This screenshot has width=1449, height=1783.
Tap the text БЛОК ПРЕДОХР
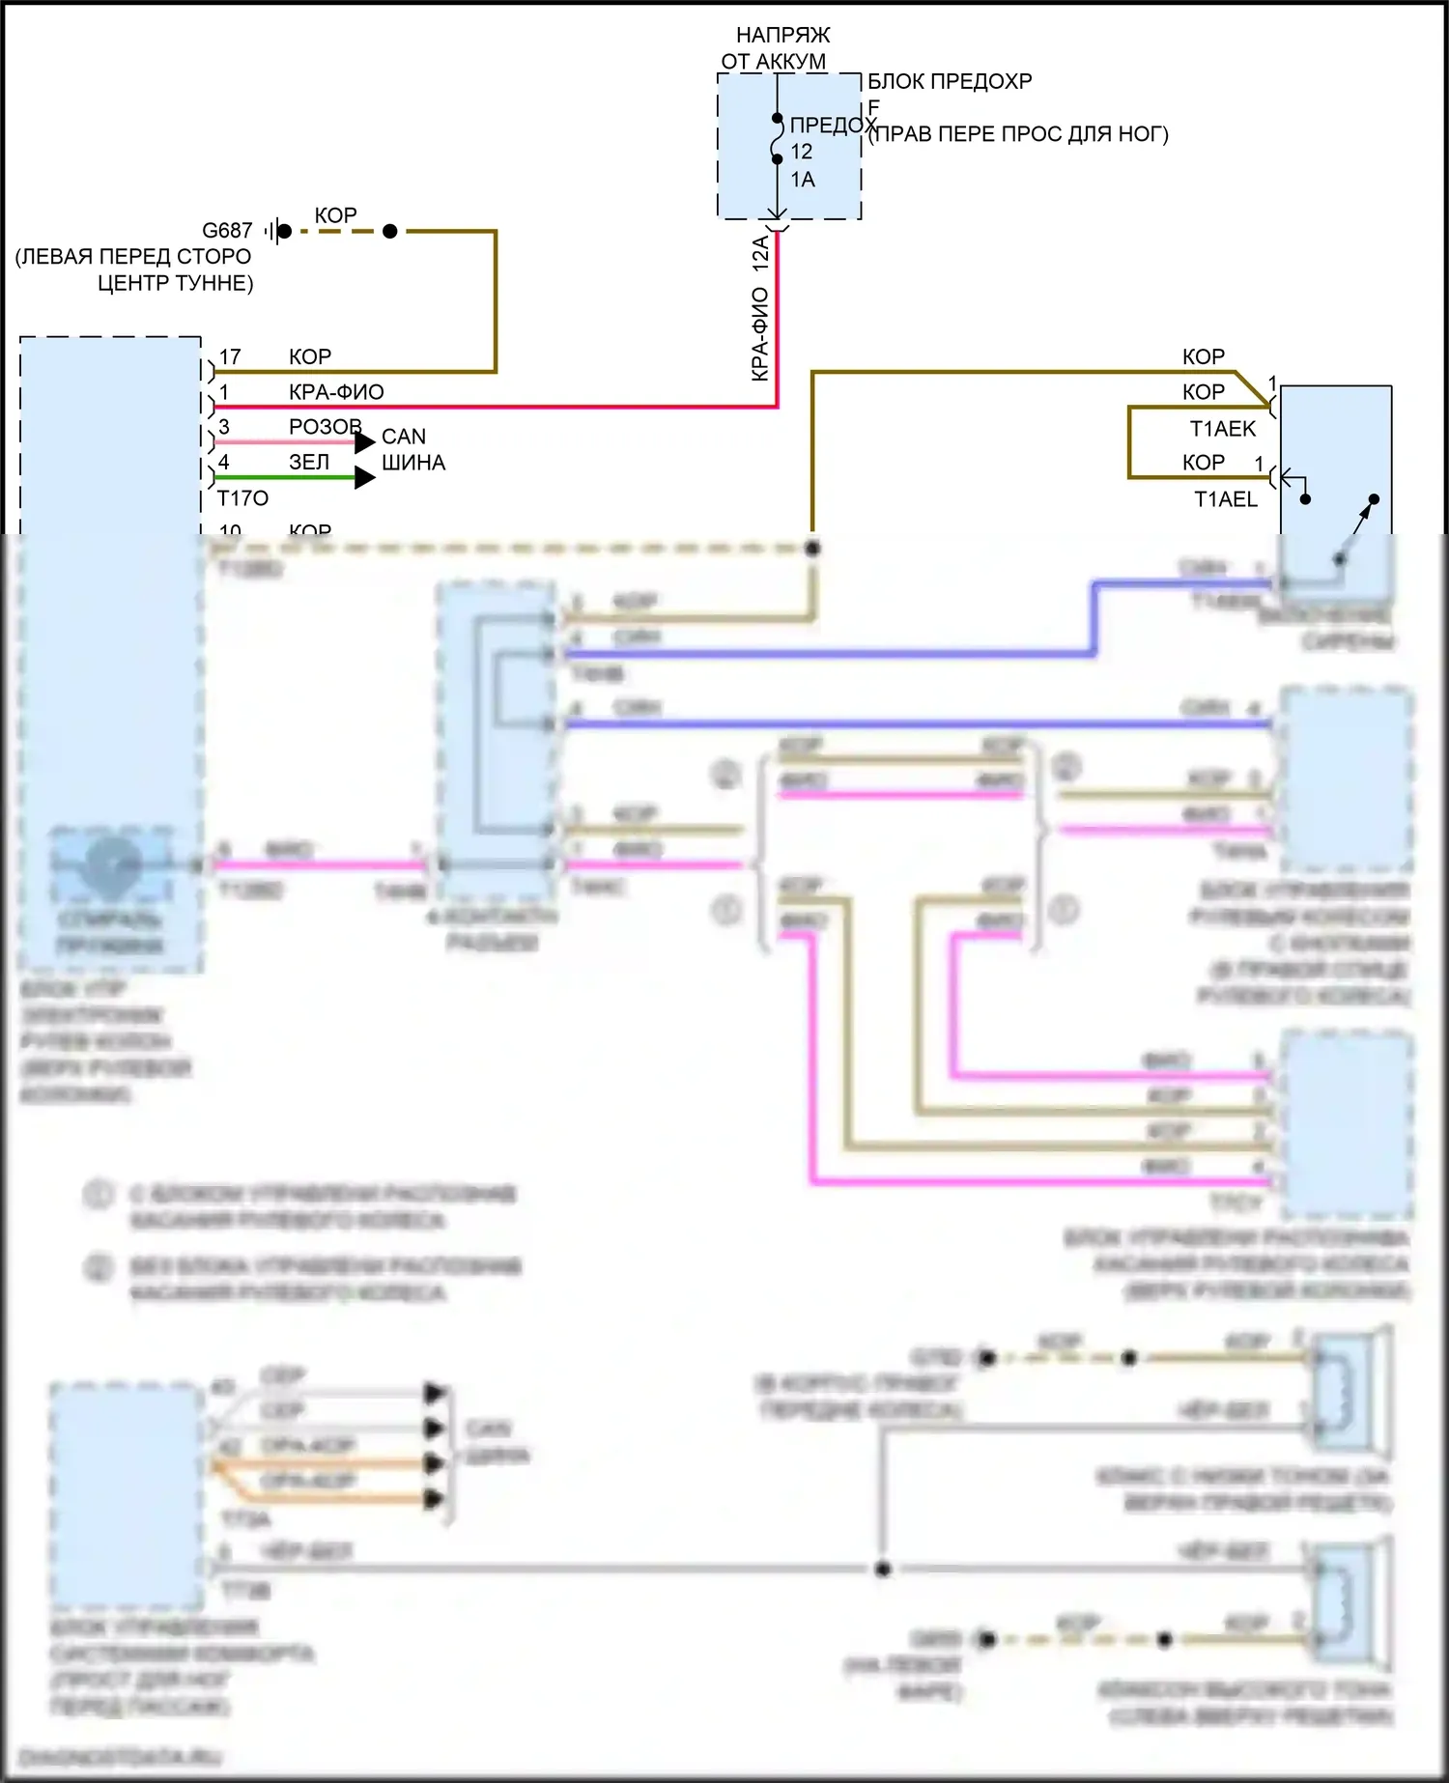click(x=949, y=82)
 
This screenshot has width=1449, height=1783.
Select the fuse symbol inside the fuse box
click(x=778, y=139)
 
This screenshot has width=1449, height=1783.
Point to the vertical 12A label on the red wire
click(x=761, y=253)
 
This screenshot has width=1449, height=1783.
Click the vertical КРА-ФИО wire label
click(x=761, y=333)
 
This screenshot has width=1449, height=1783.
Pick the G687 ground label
click(x=227, y=231)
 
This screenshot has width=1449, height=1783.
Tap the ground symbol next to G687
click(x=276, y=231)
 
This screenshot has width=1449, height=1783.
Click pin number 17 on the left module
click(x=230, y=357)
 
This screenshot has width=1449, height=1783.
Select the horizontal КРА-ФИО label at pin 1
click(x=336, y=392)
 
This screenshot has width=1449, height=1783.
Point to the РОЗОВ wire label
click(x=325, y=427)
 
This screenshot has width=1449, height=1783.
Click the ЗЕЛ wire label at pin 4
click(x=309, y=463)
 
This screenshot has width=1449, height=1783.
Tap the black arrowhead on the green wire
click(x=364, y=477)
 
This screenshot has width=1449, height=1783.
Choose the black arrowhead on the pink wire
click(x=364, y=442)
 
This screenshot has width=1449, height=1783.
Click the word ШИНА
click(x=413, y=464)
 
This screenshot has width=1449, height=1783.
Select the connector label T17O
click(x=242, y=498)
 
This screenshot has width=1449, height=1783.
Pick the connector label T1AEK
click(x=1222, y=429)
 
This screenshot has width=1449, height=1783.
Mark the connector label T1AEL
click(x=1225, y=499)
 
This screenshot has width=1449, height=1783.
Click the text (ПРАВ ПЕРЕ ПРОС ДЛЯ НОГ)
click(x=1018, y=134)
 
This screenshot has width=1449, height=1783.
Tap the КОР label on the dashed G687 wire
click(x=335, y=215)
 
